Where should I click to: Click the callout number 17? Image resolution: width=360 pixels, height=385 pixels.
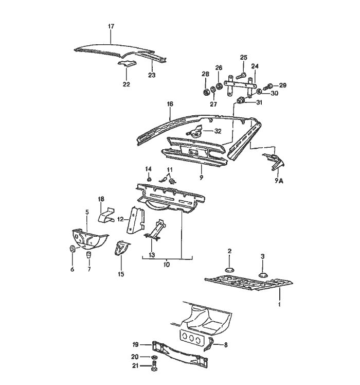(111, 26)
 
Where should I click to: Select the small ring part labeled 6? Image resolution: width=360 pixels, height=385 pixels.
(73, 250)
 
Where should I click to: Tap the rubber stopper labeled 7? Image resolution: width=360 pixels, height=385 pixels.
(88, 254)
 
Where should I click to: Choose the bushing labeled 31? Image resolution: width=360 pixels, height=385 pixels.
(240, 99)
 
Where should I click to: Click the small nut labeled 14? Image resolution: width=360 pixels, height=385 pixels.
(149, 179)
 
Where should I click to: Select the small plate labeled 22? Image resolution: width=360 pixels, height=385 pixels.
(127, 64)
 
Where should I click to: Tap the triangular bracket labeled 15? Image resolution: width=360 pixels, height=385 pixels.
(121, 249)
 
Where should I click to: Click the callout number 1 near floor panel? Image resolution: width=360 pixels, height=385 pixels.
(279, 305)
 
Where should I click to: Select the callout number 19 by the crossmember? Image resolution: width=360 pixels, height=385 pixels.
(135, 344)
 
